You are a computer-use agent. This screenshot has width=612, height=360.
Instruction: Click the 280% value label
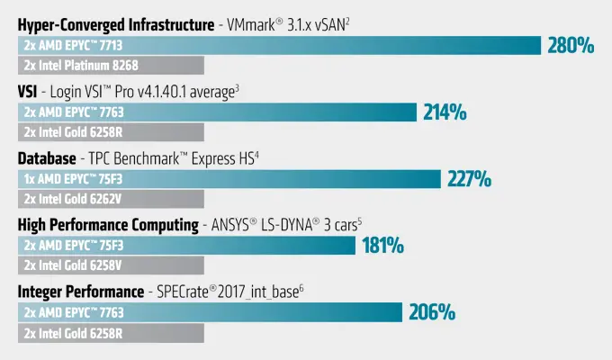[571, 45]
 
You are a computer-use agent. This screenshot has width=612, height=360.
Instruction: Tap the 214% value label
[445, 112]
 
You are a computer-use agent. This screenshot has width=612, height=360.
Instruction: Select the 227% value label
[469, 179]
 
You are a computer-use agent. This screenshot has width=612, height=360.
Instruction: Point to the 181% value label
[382, 246]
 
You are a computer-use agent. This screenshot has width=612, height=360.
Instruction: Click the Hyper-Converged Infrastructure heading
[115, 24]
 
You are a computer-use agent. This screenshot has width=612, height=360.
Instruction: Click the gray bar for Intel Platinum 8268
[111, 66]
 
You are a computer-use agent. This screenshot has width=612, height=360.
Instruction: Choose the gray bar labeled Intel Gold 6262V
[111, 199]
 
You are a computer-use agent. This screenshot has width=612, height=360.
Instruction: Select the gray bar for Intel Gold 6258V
[111, 265]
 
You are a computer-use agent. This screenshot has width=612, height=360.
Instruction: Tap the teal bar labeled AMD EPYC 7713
[279, 45]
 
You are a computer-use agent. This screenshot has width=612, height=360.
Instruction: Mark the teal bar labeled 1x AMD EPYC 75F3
[229, 179]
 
